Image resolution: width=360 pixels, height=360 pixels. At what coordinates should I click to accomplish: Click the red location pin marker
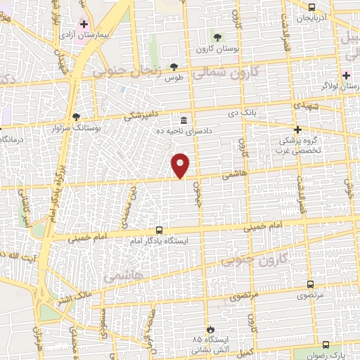point(181,165)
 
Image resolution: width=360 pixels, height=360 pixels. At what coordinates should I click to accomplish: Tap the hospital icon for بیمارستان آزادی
point(84,24)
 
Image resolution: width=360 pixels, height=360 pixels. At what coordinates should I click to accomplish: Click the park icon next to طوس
point(174,67)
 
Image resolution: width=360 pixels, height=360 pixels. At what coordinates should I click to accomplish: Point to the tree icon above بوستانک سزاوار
point(76,117)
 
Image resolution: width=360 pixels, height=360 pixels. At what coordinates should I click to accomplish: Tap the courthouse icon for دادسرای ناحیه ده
point(184,120)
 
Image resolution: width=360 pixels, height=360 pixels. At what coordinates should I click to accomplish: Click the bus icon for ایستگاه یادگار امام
point(159,230)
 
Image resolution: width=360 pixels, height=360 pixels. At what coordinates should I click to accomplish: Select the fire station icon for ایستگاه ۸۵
point(209,329)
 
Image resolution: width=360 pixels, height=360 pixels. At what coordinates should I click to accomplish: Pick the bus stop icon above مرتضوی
point(310,285)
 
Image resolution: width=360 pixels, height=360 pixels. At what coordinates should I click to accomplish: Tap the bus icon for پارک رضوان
point(325,345)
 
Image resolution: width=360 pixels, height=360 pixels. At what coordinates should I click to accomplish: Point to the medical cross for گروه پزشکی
point(298,129)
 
